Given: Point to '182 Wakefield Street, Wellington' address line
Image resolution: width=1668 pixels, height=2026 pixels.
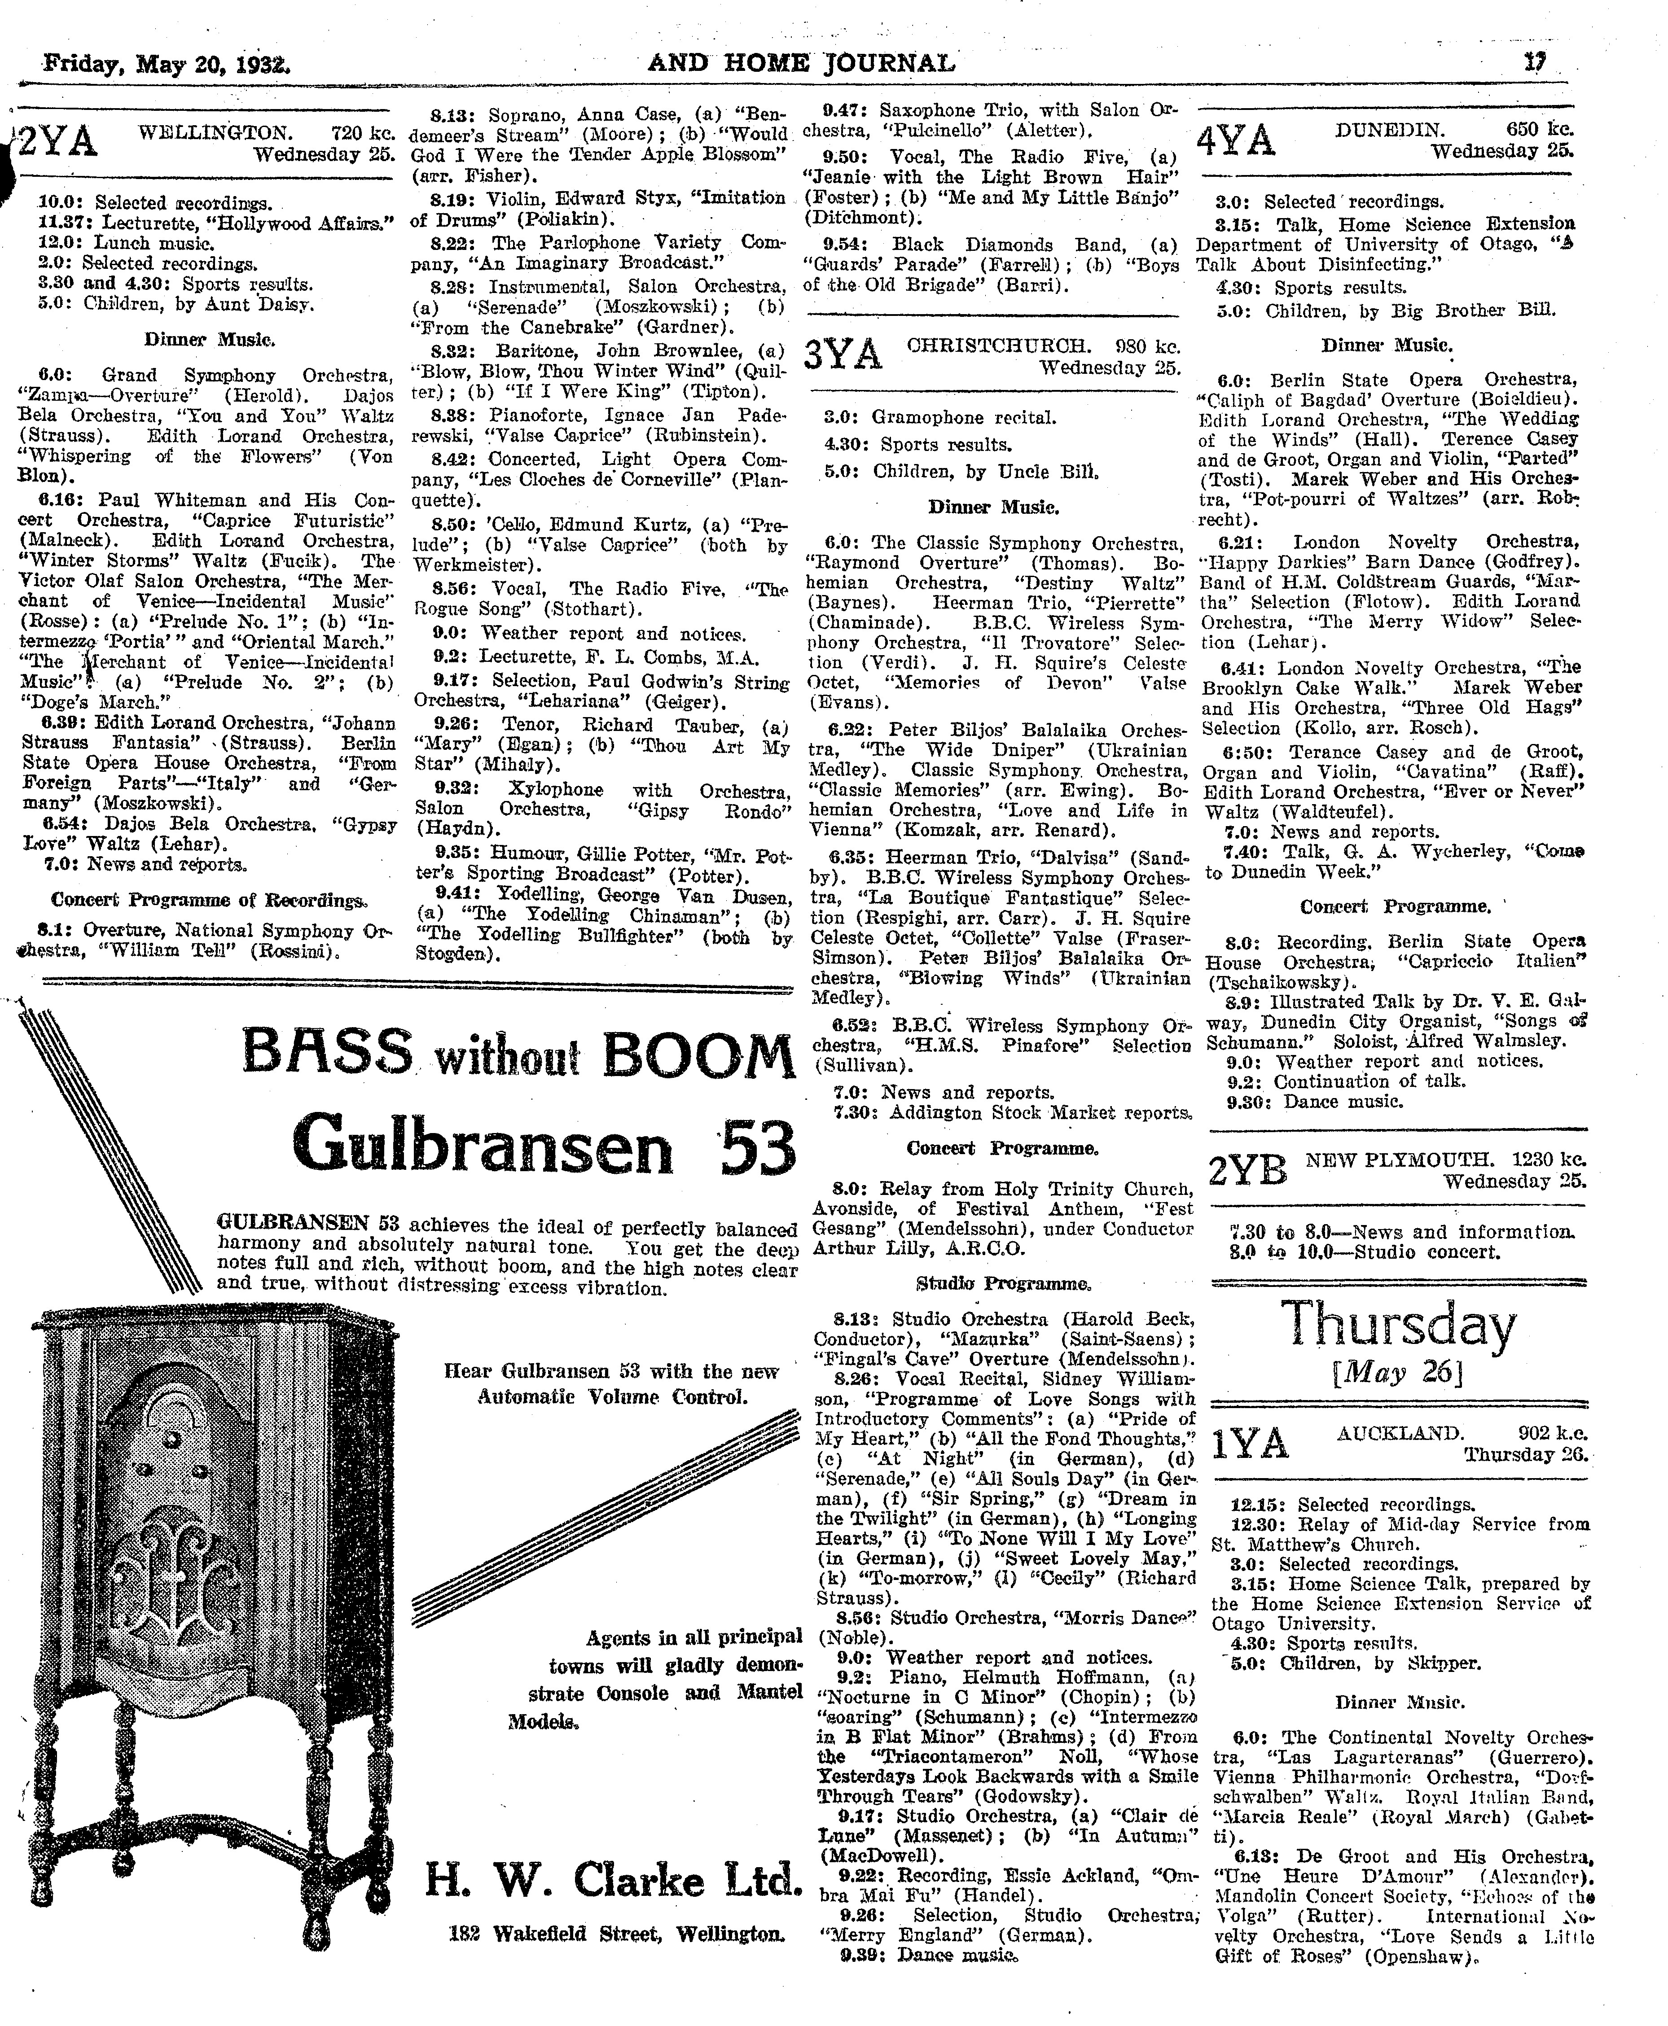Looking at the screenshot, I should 616,1933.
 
